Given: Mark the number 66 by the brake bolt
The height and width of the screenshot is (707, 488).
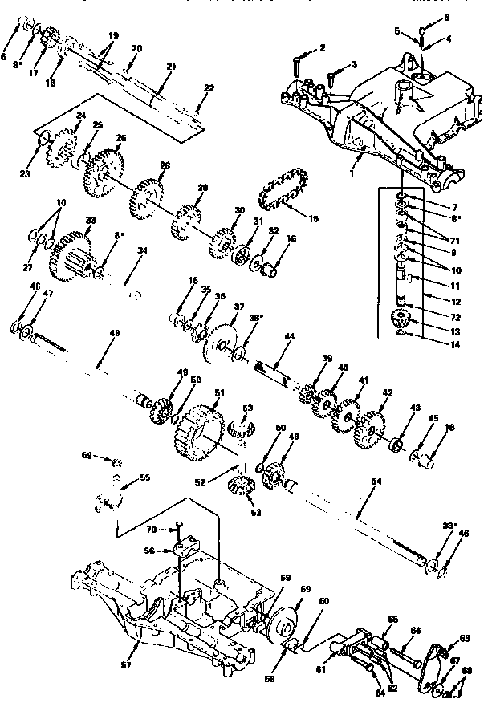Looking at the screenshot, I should point(415,632).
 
